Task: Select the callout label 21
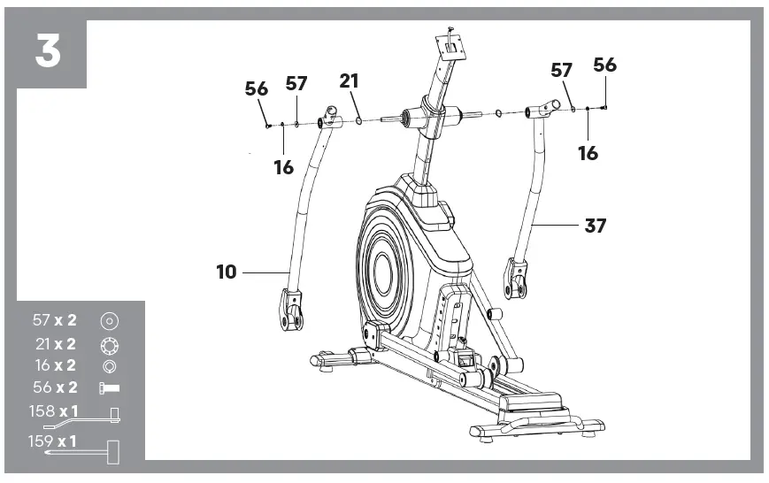pyautogui.click(x=350, y=81)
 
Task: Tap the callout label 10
pyautogui.click(x=227, y=272)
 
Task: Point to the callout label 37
pyautogui.click(x=596, y=226)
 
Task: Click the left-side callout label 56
pyautogui.click(x=256, y=88)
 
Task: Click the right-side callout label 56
pyautogui.click(x=605, y=65)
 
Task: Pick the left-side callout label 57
pyautogui.click(x=296, y=83)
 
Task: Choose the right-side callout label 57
pyautogui.click(x=562, y=71)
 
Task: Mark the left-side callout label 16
pyautogui.click(x=283, y=167)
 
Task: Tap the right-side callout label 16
pyautogui.click(x=588, y=153)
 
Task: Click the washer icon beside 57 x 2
pyautogui.click(x=110, y=321)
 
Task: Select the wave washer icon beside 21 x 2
pyautogui.click(x=110, y=343)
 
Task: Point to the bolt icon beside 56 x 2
pyautogui.click(x=110, y=387)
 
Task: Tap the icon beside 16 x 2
pyautogui.click(x=110, y=365)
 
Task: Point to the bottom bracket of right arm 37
pyautogui.click(x=517, y=278)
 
